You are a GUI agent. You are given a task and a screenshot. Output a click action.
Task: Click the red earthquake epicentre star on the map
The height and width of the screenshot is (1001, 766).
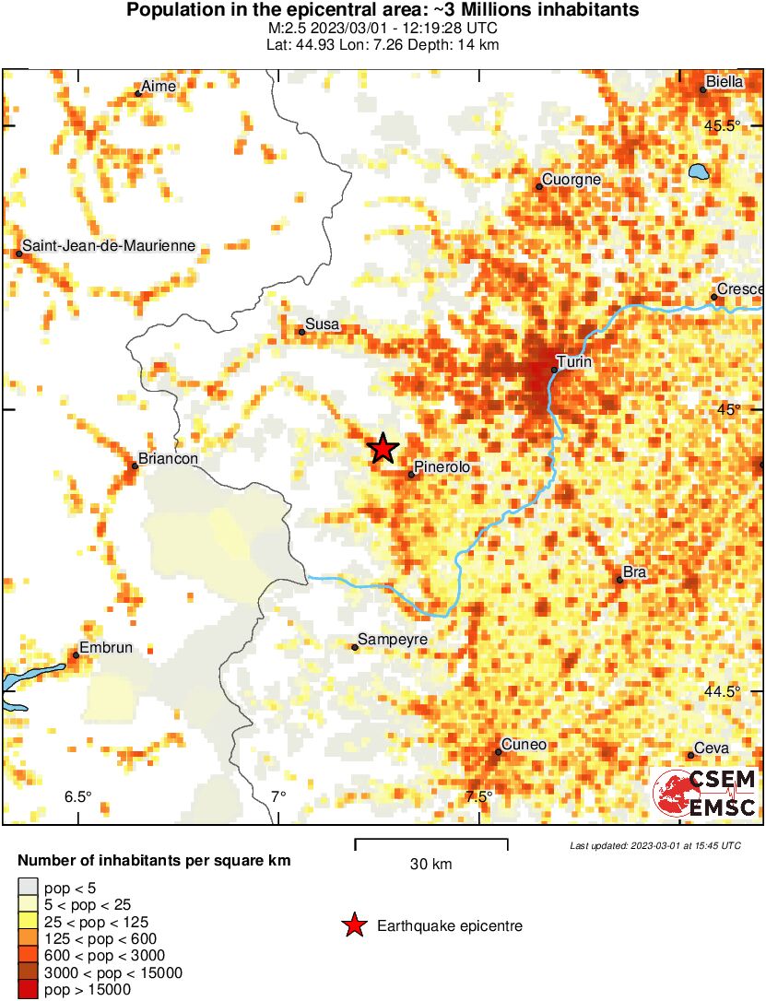pyautogui.click(x=383, y=448)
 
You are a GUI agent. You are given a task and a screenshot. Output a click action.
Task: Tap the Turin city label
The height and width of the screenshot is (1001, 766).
pyautogui.click(x=574, y=363)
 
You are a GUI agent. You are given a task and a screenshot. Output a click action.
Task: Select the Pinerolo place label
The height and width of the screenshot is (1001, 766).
pyautogui.click(x=442, y=467)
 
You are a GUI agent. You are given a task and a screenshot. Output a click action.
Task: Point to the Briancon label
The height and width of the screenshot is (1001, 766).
pyautogui.click(x=167, y=458)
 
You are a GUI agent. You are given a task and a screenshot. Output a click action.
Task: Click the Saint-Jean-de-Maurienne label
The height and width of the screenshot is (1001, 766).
pyautogui.click(x=109, y=246)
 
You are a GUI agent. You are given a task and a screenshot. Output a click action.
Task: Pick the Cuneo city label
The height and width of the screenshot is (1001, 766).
pyautogui.click(x=524, y=745)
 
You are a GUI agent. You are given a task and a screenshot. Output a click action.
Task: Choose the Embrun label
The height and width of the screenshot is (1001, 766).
pyautogui.click(x=106, y=648)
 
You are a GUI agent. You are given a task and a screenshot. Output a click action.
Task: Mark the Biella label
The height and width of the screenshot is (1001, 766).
pyautogui.click(x=725, y=82)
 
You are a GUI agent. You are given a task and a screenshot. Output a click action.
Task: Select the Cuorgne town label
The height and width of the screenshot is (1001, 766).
pyautogui.click(x=572, y=180)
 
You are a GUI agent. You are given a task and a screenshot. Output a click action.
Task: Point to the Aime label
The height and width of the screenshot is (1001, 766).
pyautogui.click(x=159, y=87)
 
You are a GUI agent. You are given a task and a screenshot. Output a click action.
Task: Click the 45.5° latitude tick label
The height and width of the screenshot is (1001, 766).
pyautogui.click(x=724, y=125)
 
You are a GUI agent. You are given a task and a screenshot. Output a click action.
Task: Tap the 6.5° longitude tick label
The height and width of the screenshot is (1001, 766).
pyautogui.click(x=77, y=796)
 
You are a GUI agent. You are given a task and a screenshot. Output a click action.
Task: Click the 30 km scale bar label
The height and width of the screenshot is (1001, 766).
pyautogui.click(x=430, y=865)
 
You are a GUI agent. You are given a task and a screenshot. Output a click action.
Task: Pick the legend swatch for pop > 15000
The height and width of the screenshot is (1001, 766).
pyautogui.click(x=28, y=990)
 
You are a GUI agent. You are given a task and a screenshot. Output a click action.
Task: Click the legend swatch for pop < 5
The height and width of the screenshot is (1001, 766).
pyautogui.click(x=28, y=889)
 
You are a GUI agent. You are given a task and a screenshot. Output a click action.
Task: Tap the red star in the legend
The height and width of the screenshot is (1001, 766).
pyautogui.click(x=354, y=926)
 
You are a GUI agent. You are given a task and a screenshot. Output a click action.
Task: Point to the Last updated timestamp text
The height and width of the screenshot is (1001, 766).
pyautogui.click(x=654, y=845)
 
